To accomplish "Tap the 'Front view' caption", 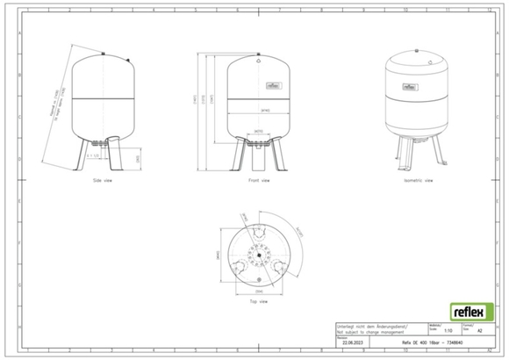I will point(258,182).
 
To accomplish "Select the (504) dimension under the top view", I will point(258,289).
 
